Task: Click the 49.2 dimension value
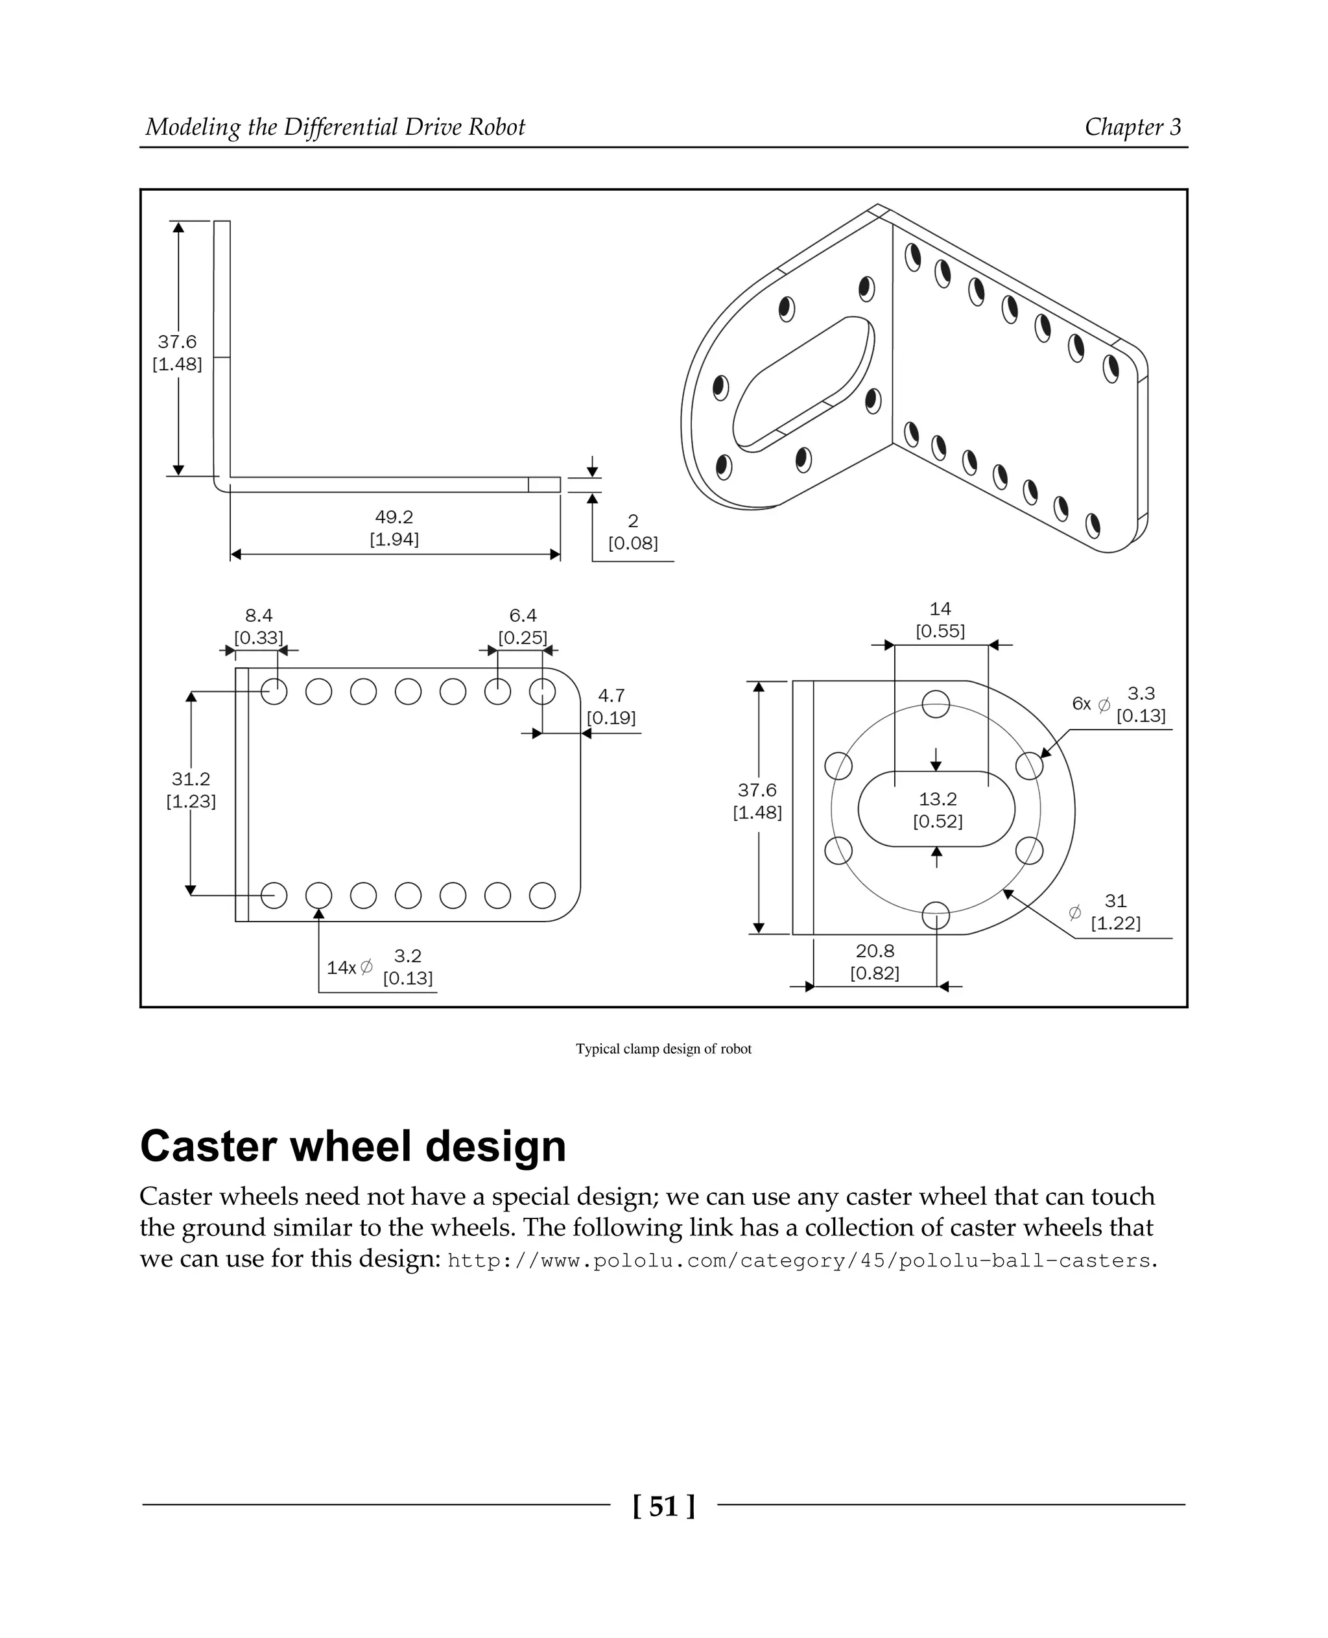[x=394, y=517]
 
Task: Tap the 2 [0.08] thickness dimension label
[x=633, y=532]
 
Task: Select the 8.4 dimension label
[x=259, y=616]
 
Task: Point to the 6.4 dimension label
[x=523, y=616]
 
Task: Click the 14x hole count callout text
[x=341, y=967]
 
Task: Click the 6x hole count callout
[x=1081, y=704]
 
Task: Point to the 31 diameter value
[x=1115, y=901]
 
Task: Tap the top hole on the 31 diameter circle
[x=936, y=704]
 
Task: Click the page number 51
[x=664, y=1506]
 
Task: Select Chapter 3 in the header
[x=1132, y=127]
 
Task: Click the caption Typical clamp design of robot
[x=663, y=1049]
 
